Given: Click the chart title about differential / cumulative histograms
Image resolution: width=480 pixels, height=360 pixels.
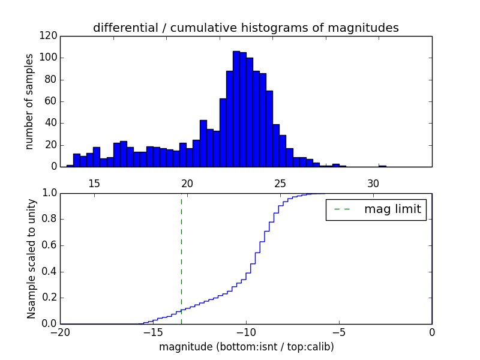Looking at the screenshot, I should click(x=245, y=28).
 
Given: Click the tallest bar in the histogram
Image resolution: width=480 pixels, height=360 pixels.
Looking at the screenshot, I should click(x=236, y=109).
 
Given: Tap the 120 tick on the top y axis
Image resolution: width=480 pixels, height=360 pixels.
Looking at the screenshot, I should click(x=50, y=36).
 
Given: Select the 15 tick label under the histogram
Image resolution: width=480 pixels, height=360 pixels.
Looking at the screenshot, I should click(x=94, y=183).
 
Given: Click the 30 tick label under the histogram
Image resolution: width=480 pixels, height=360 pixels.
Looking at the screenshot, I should click(x=373, y=183).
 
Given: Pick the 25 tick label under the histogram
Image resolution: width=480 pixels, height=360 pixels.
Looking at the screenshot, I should click(x=280, y=183).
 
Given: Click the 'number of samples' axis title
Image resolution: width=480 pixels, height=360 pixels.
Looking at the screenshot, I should click(x=29, y=101).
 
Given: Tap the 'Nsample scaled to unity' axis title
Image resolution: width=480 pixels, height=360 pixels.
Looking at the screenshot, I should click(x=31, y=259).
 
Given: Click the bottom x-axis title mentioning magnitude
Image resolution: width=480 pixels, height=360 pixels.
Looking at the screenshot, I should click(x=246, y=347).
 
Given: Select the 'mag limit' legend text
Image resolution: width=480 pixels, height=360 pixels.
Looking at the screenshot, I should click(x=392, y=209).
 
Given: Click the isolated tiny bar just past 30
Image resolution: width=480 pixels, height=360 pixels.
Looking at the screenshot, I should click(x=382, y=166).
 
